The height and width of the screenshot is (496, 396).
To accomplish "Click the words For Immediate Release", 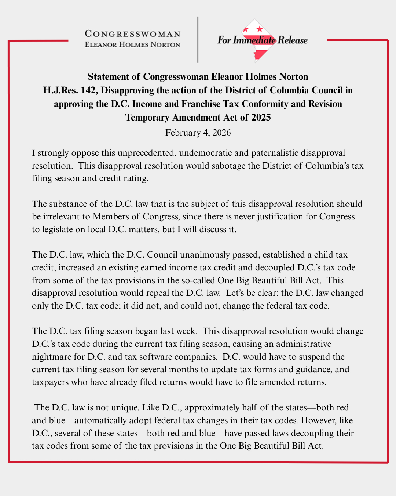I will (x=262, y=40).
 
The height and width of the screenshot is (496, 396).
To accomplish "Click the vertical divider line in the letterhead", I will (x=198, y=40).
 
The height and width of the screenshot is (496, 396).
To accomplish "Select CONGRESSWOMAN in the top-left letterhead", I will (x=132, y=34).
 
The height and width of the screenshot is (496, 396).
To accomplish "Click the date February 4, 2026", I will (x=198, y=133).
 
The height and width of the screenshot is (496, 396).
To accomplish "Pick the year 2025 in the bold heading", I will (x=261, y=118).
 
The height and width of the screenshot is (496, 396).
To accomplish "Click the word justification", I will (x=280, y=216).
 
